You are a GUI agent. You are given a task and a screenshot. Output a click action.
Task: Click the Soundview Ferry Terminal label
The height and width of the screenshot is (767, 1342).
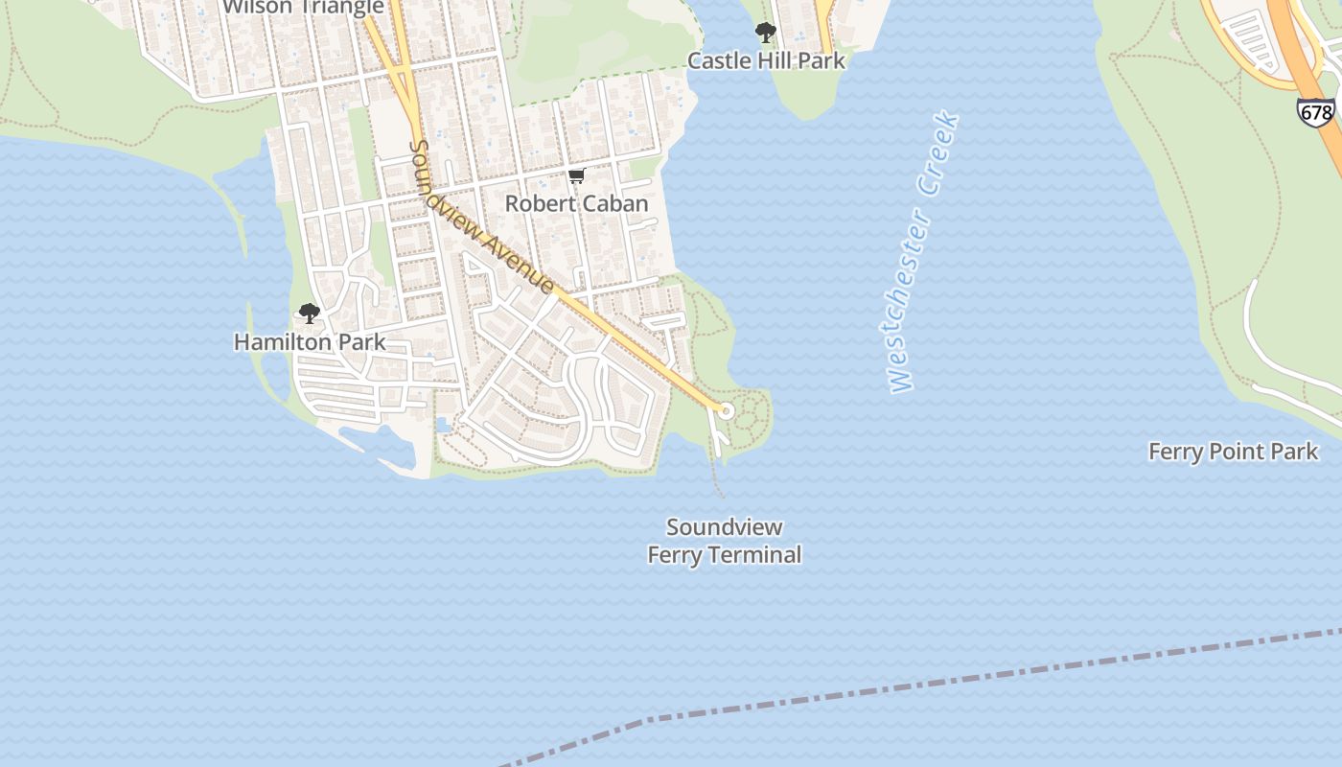pos(724,541)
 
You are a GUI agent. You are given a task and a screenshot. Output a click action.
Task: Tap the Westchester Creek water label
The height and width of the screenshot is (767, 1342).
pos(919,254)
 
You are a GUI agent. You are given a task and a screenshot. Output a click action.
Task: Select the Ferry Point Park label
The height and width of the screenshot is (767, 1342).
pos(1233,452)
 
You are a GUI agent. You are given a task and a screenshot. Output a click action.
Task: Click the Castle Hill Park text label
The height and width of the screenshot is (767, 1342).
pos(766,61)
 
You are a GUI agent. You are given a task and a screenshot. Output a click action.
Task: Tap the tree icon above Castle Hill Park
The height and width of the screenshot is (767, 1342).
pos(765,33)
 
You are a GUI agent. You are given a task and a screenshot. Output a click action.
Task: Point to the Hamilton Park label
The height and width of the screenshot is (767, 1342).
pos(310,341)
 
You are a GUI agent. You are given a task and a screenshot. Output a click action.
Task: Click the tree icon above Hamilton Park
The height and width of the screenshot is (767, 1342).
pos(309,314)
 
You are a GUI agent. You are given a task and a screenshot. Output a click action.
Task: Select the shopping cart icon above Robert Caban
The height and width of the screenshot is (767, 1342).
pos(576,175)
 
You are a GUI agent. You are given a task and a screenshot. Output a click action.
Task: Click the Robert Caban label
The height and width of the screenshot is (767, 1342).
pos(576,203)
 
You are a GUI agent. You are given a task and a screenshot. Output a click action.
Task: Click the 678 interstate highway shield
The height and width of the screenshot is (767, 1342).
pos(1315,112)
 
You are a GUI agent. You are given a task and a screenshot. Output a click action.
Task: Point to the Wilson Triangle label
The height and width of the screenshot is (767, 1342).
pos(303,8)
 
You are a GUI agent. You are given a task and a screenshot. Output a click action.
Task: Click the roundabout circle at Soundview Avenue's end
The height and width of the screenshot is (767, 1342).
pos(726,410)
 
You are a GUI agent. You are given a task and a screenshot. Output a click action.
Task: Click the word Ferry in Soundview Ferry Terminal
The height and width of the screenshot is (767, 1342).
pos(675,555)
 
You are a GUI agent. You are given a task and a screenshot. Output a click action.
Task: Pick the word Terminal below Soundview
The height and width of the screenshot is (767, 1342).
pos(754,555)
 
